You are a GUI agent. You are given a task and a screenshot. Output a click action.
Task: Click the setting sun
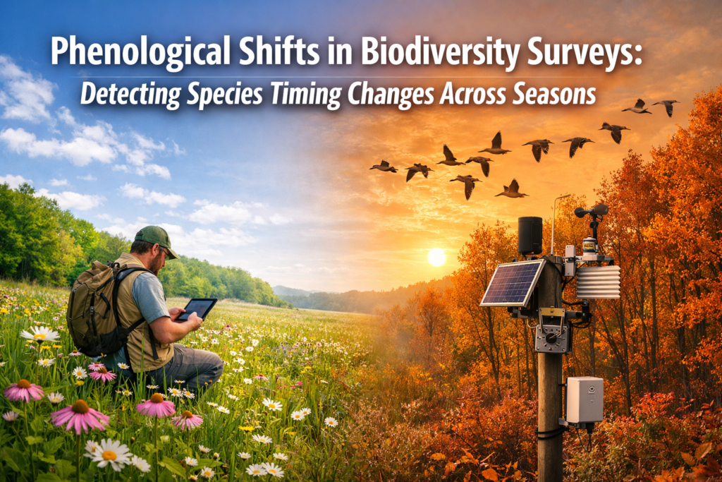coord(436,257)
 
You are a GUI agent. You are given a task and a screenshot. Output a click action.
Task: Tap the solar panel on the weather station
coord(512,282)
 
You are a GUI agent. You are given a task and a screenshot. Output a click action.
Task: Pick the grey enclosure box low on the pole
coord(585,399)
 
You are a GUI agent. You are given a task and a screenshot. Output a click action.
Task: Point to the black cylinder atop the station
coord(530,236)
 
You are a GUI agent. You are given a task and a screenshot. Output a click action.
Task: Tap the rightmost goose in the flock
coord(666,106)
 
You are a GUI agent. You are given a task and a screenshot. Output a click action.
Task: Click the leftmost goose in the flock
coord(384,167)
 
